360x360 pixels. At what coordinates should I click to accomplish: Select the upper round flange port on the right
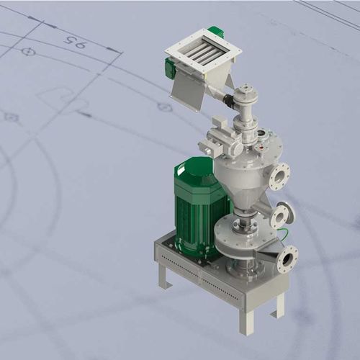[279, 176]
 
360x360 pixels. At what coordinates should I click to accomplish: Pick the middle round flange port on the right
[283, 215]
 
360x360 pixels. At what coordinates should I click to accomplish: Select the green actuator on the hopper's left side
[171, 69]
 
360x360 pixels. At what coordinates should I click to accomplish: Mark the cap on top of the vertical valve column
[247, 90]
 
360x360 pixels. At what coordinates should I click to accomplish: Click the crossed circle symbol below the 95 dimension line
[28, 52]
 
